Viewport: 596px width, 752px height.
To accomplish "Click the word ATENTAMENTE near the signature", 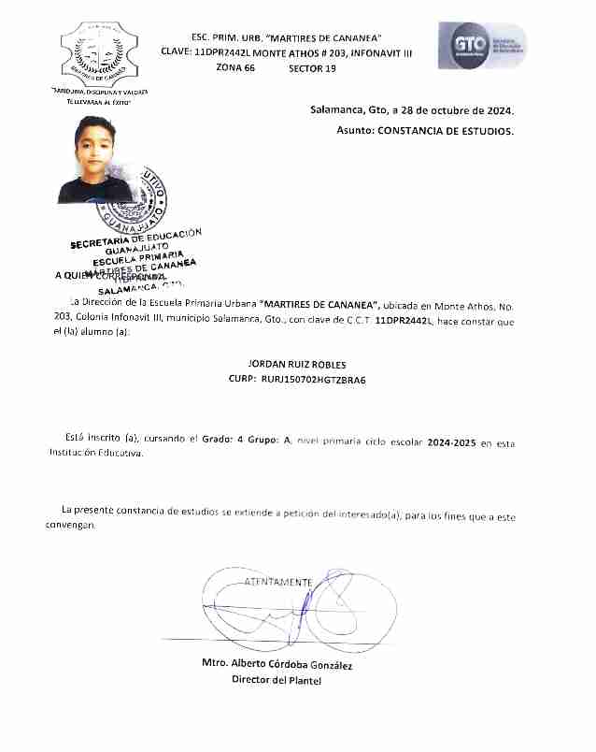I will pyautogui.click(x=277, y=582).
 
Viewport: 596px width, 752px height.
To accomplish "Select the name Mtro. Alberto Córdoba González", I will pyautogui.click(x=277, y=664).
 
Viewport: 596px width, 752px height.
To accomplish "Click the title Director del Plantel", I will pyautogui.click(x=277, y=680).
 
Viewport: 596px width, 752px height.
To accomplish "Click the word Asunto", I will pyautogui.click(x=354, y=131).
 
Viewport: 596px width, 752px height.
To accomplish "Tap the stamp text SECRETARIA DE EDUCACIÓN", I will pyautogui.click(x=135, y=239).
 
